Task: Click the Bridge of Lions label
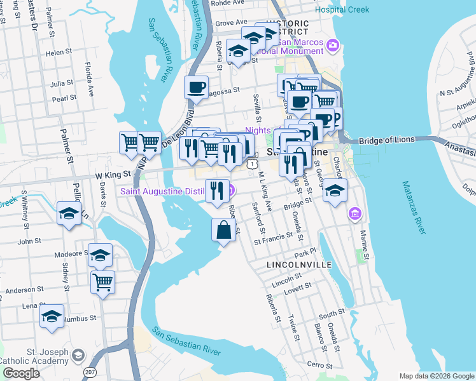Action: [x=386, y=140]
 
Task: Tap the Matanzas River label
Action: [x=414, y=207]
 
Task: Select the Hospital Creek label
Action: [x=342, y=10]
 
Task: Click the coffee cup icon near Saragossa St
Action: [x=197, y=86]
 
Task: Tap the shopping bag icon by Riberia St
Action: [x=223, y=230]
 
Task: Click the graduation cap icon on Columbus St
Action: [x=52, y=316]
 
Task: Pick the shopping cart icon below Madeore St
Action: [x=102, y=281]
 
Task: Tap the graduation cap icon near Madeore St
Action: [x=100, y=255]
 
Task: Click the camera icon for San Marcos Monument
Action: [x=332, y=45]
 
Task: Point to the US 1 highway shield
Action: [x=253, y=164]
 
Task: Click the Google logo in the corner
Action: [x=21, y=373]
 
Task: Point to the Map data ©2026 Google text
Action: [x=436, y=376]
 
